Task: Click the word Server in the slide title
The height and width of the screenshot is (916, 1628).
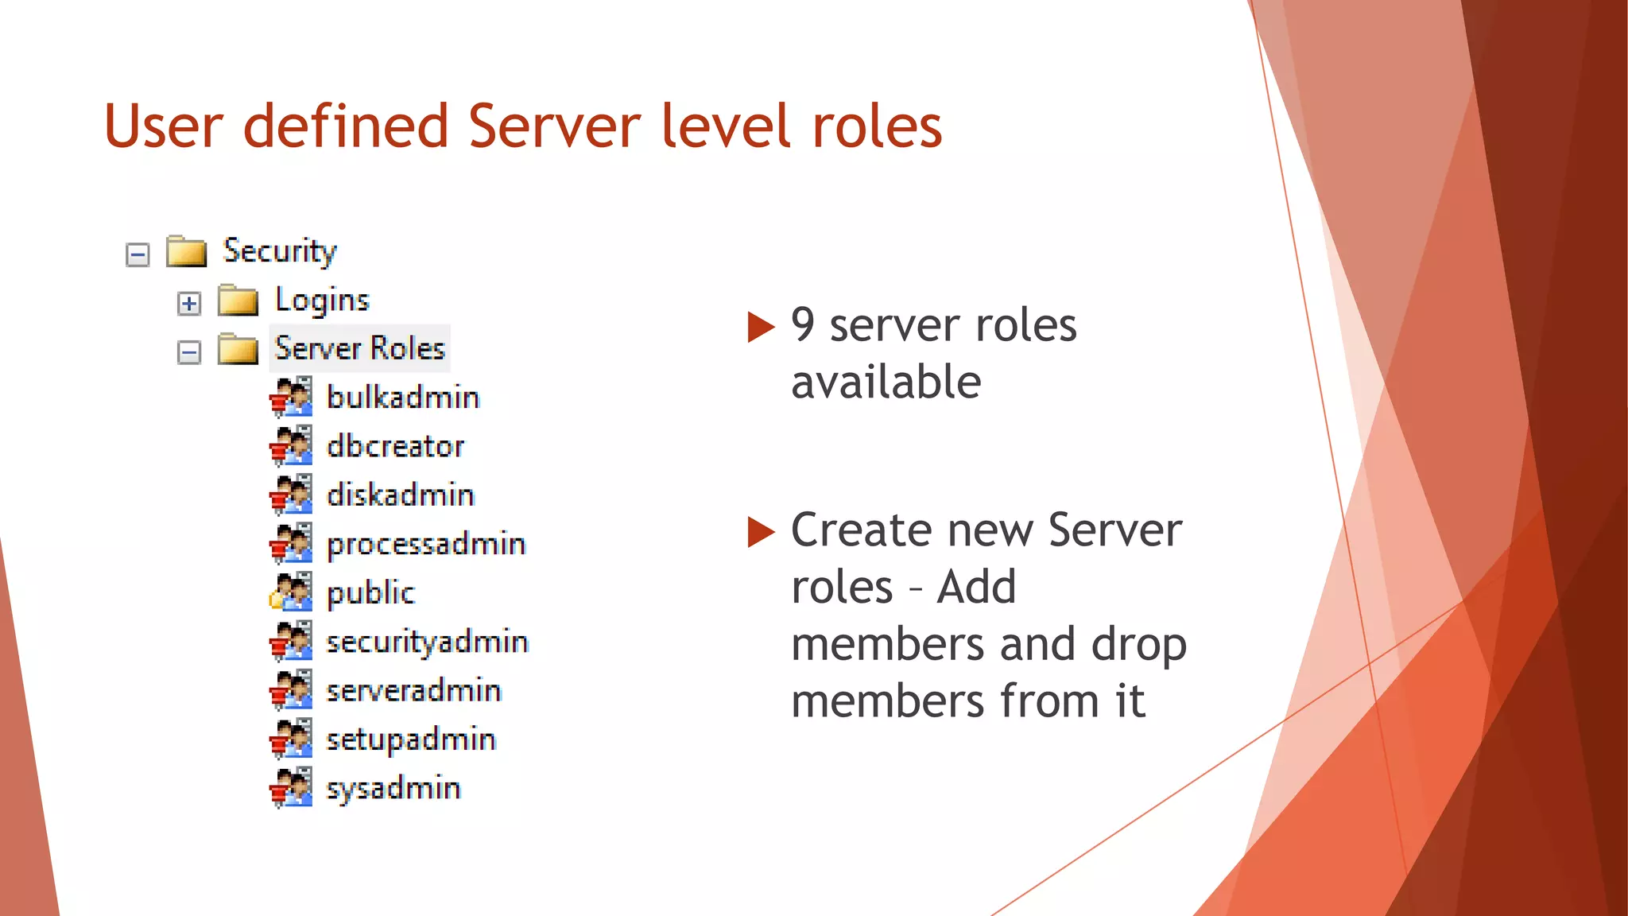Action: tap(554, 127)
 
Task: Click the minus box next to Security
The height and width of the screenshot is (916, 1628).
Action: tap(138, 255)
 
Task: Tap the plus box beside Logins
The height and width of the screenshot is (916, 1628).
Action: tap(189, 304)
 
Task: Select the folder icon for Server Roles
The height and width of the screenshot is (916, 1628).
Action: tap(238, 348)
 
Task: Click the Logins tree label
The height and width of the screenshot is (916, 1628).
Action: tap(322, 301)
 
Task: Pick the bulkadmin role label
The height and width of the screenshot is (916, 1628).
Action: tap(403, 398)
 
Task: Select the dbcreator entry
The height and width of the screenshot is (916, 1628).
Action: tap(395, 446)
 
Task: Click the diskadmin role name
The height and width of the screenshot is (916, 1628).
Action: tap(401, 495)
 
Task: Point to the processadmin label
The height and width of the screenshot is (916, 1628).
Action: tap(426, 545)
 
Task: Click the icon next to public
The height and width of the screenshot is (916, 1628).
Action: tap(291, 592)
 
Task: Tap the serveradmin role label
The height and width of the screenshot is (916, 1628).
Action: tap(413, 691)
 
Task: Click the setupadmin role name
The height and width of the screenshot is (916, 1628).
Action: tap(411, 739)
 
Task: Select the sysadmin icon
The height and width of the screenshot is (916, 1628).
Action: tap(291, 787)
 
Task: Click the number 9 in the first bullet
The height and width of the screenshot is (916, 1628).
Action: tap(803, 325)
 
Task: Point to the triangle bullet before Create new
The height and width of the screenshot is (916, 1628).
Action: tap(761, 532)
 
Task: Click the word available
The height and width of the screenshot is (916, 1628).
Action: tap(886, 382)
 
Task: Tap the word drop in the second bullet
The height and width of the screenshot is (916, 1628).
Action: tap(1138, 645)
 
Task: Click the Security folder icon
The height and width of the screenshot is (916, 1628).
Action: tap(186, 251)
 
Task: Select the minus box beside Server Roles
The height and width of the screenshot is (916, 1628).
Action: tap(189, 352)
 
